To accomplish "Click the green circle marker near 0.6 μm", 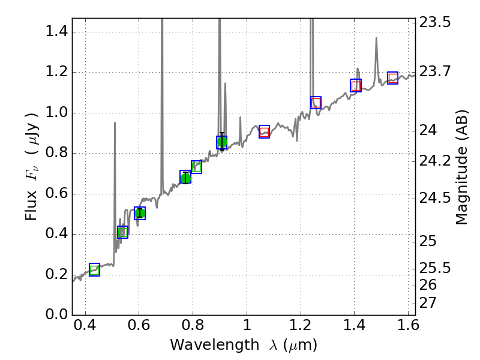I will click(140, 213).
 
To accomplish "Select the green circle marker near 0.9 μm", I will click(221, 142).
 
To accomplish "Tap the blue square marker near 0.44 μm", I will click(94, 269).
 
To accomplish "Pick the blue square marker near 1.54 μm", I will click(393, 78).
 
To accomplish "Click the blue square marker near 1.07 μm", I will click(264, 132).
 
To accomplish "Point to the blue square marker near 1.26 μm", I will click(316, 103).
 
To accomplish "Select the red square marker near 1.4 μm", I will click(356, 85).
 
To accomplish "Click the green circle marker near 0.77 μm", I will click(185, 178).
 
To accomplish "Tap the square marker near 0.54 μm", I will click(122, 232).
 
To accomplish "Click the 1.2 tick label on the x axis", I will click(300, 328).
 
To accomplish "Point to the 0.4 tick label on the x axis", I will click(85, 328).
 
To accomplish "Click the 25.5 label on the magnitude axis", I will click(436, 268).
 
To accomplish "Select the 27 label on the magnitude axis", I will click(430, 302).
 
